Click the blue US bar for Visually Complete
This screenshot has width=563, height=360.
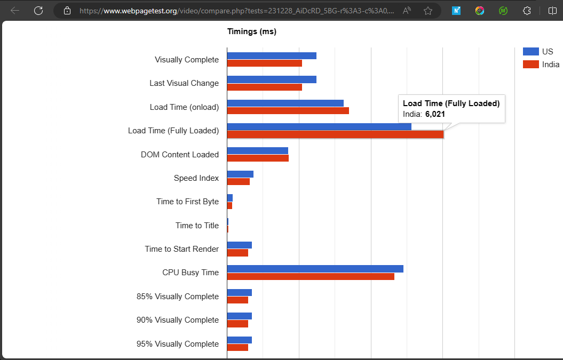(272, 55)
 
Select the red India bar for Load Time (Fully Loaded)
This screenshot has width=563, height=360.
(335, 134)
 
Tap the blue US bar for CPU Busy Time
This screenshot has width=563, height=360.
(315, 269)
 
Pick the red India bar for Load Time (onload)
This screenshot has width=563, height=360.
(288, 110)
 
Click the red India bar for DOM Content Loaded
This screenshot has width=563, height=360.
(258, 158)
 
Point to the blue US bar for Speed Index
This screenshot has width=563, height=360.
(240, 174)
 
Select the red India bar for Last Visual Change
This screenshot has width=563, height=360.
(264, 87)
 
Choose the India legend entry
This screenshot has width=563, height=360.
(541, 65)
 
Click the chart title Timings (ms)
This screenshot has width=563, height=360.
(252, 31)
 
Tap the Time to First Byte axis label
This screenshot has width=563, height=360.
(187, 202)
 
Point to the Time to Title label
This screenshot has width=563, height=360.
(197, 226)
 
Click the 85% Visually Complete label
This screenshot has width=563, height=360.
(177, 297)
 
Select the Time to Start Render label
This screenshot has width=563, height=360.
(181, 249)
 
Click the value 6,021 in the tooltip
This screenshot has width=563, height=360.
(435, 114)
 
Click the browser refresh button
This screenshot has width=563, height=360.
(38, 11)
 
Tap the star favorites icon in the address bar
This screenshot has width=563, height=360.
(427, 11)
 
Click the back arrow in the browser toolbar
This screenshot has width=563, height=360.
(15, 11)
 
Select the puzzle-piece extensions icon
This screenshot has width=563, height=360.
(527, 11)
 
